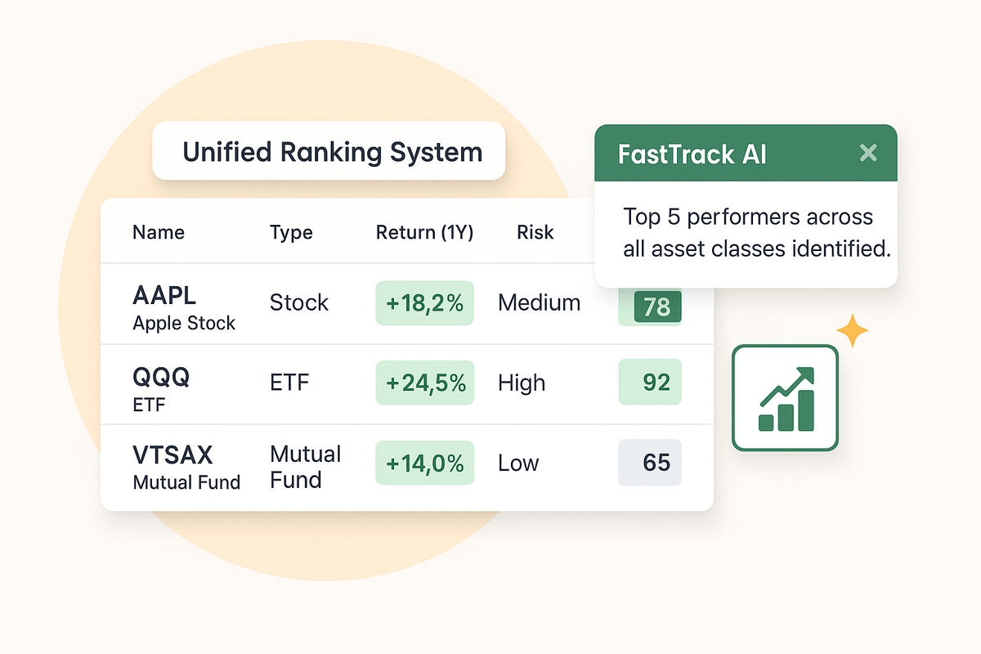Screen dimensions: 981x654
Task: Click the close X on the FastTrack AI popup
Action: pos(868,153)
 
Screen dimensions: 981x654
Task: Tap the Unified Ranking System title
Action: pos(333,152)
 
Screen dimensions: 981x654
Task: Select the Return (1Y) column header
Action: pos(424,232)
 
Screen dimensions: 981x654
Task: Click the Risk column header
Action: pos(535,232)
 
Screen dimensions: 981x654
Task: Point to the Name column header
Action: pos(158,232)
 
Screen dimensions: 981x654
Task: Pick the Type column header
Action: pos(291,233)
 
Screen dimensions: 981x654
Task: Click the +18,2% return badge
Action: pos(424,303)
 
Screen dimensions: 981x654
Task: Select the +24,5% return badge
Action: pos(425,383)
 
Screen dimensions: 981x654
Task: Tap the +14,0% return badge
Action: pos(425,463)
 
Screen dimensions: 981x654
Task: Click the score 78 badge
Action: pos(657,307)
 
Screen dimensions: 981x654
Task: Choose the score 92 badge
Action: pos(650,382)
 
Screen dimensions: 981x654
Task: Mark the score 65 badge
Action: pos(650,462)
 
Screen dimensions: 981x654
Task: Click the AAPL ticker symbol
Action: pos(164,295)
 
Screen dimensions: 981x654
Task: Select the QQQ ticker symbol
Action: pos(161,376)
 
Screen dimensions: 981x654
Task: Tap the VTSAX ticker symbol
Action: pos(172,455)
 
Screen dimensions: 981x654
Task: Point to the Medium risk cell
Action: pos(539,302)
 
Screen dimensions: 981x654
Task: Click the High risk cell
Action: pos(522,383)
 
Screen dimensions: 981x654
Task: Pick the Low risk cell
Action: pos(518,463)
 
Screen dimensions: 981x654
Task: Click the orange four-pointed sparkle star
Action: pos(852,330)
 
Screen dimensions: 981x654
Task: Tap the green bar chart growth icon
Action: pos(786,398)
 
